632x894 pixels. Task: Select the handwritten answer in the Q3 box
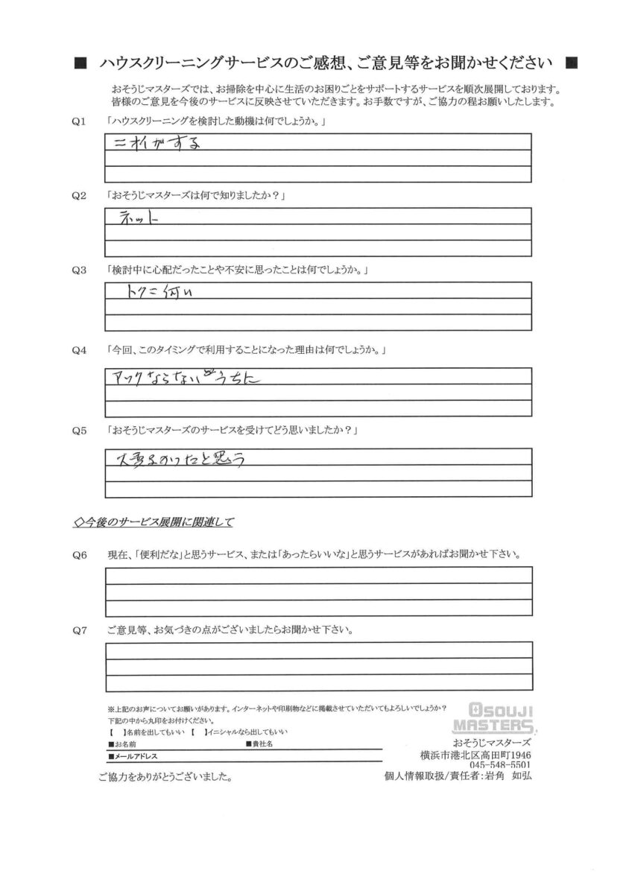click(159, 292)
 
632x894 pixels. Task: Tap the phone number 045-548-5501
click(500, 765)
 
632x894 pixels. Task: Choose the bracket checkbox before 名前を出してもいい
click(113, 733)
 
